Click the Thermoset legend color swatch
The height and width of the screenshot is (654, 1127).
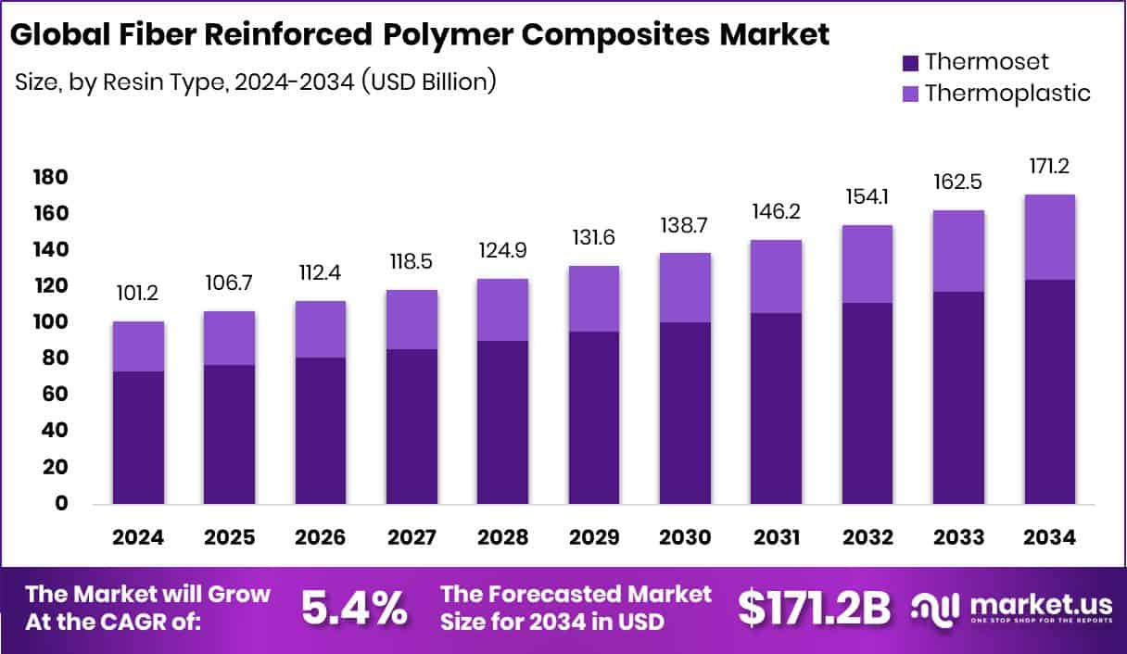coord(909,63)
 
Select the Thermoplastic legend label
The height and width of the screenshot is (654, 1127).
coord(1007,93)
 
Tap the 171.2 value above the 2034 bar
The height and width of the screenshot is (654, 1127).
coord(1049,168)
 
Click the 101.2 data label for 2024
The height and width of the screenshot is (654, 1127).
coord(138,294)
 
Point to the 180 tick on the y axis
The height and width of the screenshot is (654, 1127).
coord(50,177)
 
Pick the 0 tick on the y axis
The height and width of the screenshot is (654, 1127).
coord(62,504)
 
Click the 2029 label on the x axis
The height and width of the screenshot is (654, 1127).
coord(593,538)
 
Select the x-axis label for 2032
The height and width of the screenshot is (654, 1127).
coord(867,538)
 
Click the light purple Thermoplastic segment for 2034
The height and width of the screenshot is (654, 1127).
coord(1050,237)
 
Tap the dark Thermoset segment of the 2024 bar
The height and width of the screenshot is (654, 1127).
coord(138,437)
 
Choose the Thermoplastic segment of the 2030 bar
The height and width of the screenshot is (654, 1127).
coord(685,287)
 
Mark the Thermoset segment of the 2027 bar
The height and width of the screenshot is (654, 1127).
coord(412,426)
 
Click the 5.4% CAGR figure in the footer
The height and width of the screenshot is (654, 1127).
coord(354,608)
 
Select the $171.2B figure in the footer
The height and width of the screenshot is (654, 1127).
coord(813,608)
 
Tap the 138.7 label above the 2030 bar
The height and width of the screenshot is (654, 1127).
coord(685,225)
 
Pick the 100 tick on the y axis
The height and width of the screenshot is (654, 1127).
coord(50,322)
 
